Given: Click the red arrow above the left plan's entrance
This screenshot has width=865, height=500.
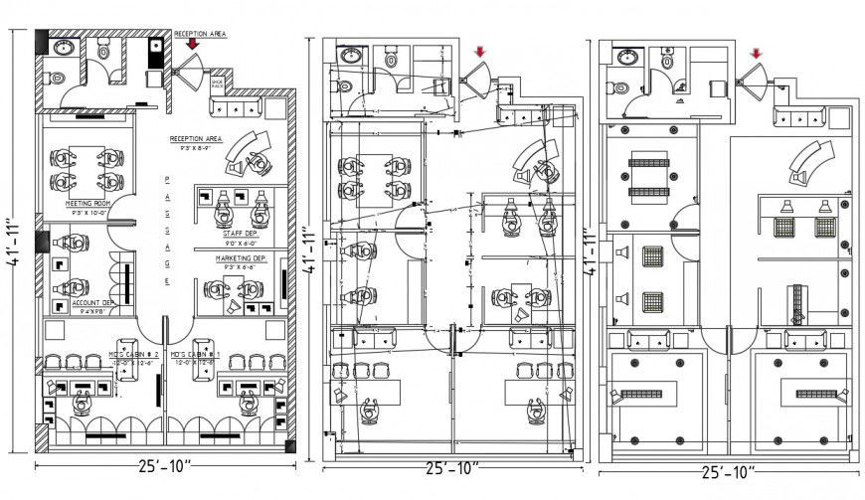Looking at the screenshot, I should pyautogui.click(x=190, y=45).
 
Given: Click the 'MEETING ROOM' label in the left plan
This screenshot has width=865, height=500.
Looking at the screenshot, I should pyautogui.click(x=86, y=203).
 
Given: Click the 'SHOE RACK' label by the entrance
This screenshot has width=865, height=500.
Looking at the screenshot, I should pyautogui.click(x=218, y=84).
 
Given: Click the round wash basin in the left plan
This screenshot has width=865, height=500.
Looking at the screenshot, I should pyautogui.click(x=65, y=46).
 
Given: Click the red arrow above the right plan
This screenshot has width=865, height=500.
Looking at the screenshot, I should pyautogui.click(x=757, y=54).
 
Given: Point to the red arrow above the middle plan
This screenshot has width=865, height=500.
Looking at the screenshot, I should pyautogui.click(x=480, y=52).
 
